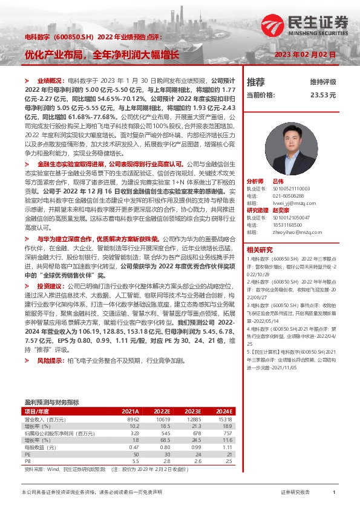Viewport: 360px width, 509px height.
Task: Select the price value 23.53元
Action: [323, 96]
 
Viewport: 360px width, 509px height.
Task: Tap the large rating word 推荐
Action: [256, 82]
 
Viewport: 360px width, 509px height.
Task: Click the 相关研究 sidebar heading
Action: [260, 249]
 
